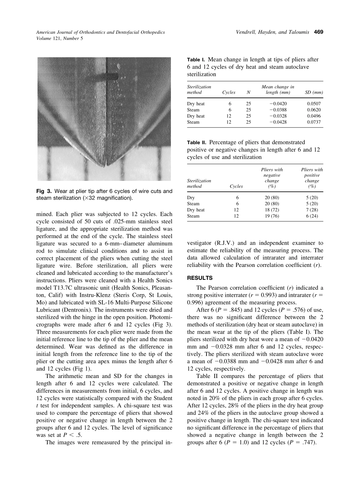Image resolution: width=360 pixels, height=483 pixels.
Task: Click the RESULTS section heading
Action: [x=200, y=278]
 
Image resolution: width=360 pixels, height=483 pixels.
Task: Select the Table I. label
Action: [x=196, y=60]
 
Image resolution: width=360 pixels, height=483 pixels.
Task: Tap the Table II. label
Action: [x=197, y=143]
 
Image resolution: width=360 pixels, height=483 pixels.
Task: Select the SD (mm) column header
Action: [x=314, y=93]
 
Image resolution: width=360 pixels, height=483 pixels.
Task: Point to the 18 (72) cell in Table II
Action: [x=272, y=210]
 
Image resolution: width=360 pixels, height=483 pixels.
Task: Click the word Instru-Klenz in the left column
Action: [x=86, y=295]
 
